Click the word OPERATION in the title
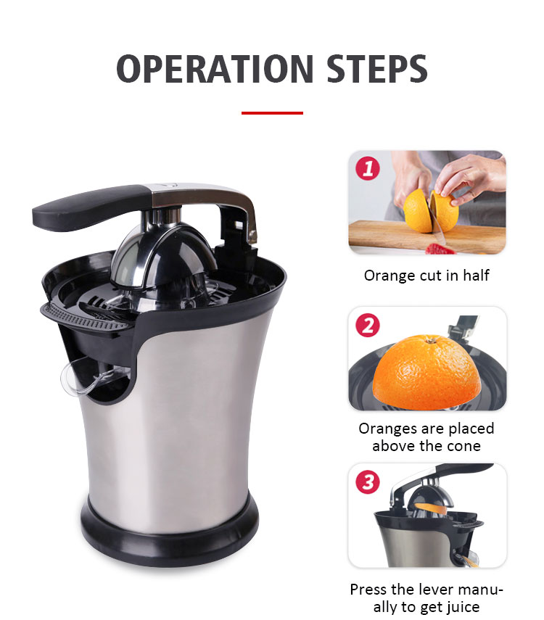[215, 69]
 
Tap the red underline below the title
[272, 113]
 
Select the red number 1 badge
[368, 168]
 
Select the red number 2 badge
[368, 325]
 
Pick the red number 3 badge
[368, 482]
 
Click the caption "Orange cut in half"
[426, 276]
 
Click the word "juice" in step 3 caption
[462, 607]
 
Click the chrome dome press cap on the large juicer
[163, 253]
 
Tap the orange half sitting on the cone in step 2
[427, 371]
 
